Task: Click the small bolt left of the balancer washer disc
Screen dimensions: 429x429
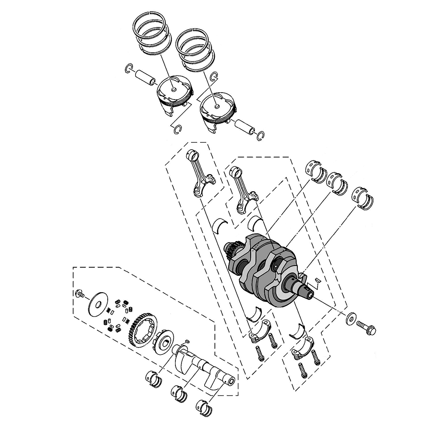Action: [x=79, y=294]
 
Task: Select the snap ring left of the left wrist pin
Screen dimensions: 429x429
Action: [x=129, y=68]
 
